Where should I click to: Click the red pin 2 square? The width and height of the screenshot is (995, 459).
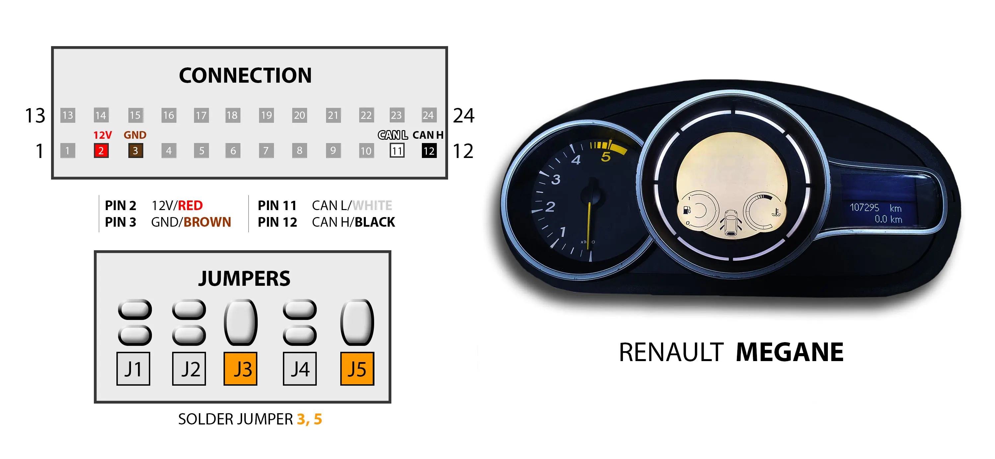tap(101, 150)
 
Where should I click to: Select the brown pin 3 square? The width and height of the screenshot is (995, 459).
tap(136, 150)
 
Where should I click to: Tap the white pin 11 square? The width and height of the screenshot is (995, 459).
tap(397, 150)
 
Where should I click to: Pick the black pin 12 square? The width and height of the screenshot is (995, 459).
tap(429, 150)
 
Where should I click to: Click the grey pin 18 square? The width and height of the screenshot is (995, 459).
tap(232, 115)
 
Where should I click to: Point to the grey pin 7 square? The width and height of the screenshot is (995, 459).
tap(266, 150)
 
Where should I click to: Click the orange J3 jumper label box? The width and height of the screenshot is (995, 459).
tap(240, 369)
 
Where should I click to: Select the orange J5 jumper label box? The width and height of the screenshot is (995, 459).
tap(357, 369)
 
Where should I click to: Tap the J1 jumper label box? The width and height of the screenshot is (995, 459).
tap(133, 369)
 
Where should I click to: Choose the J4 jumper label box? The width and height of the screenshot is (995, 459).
tap(300, 369)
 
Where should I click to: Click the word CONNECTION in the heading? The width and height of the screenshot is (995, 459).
tap(245, 75)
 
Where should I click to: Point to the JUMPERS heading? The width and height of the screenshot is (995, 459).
tap(244, 278)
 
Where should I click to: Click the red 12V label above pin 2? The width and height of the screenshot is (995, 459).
tap(102, 135)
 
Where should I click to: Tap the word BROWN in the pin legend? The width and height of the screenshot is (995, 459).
tap(207, 222)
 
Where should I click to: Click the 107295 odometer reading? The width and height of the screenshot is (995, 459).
tap(864, 207)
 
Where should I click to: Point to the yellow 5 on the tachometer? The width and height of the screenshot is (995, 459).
tap(606, 156)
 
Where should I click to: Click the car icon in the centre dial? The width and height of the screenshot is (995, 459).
tap(730, 223)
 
